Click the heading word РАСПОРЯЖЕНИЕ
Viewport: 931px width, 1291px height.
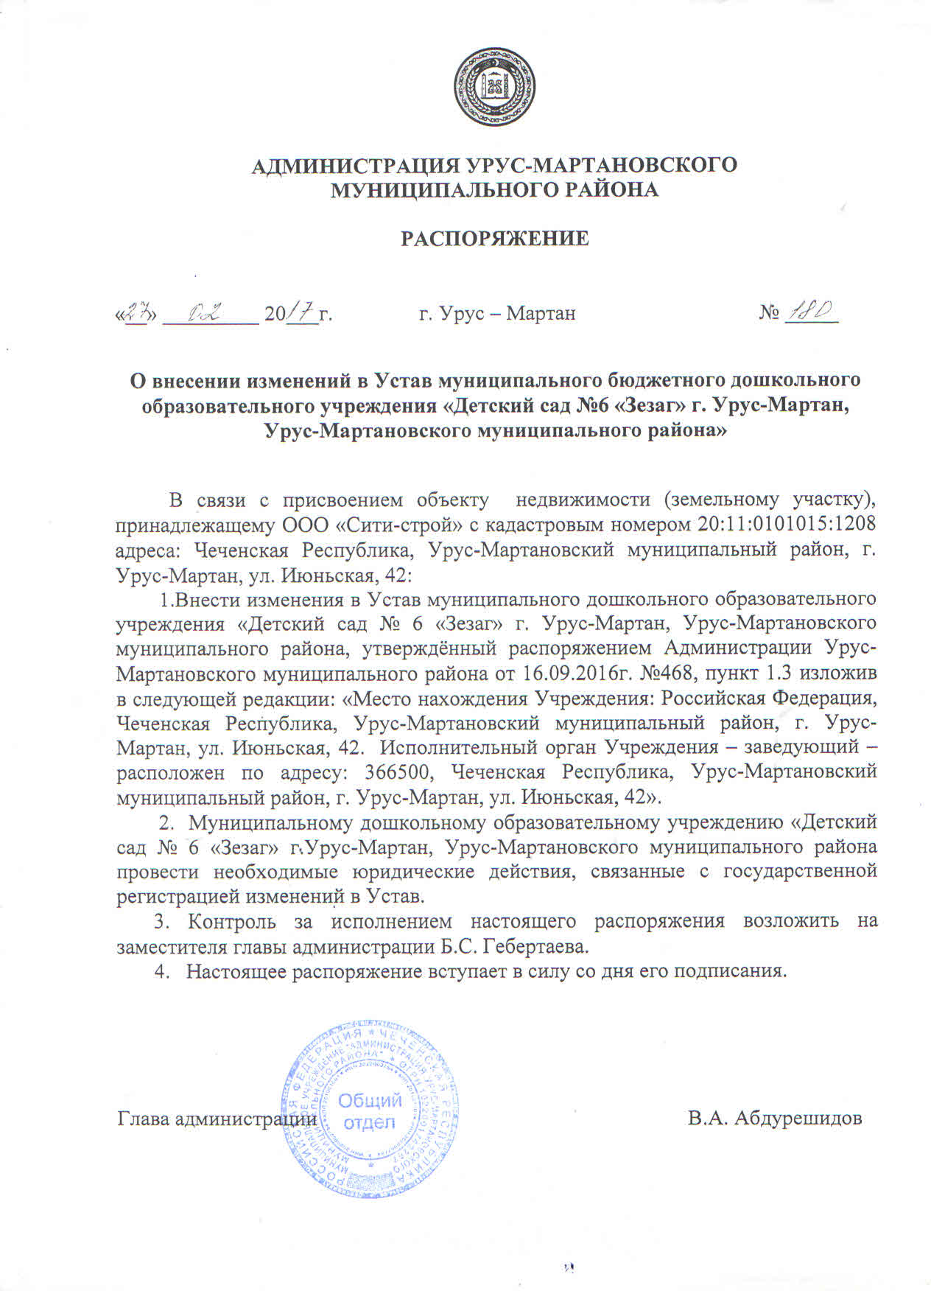tap(494, 239)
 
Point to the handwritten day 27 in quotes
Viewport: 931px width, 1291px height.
tap(134, 312)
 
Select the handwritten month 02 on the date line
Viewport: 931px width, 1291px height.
tap(206, 312)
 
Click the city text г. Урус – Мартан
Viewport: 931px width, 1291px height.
tap(497, 314)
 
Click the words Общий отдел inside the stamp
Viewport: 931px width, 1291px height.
tap(370, 1112)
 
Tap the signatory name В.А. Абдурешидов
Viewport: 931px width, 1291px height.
tap(775, 1118)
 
